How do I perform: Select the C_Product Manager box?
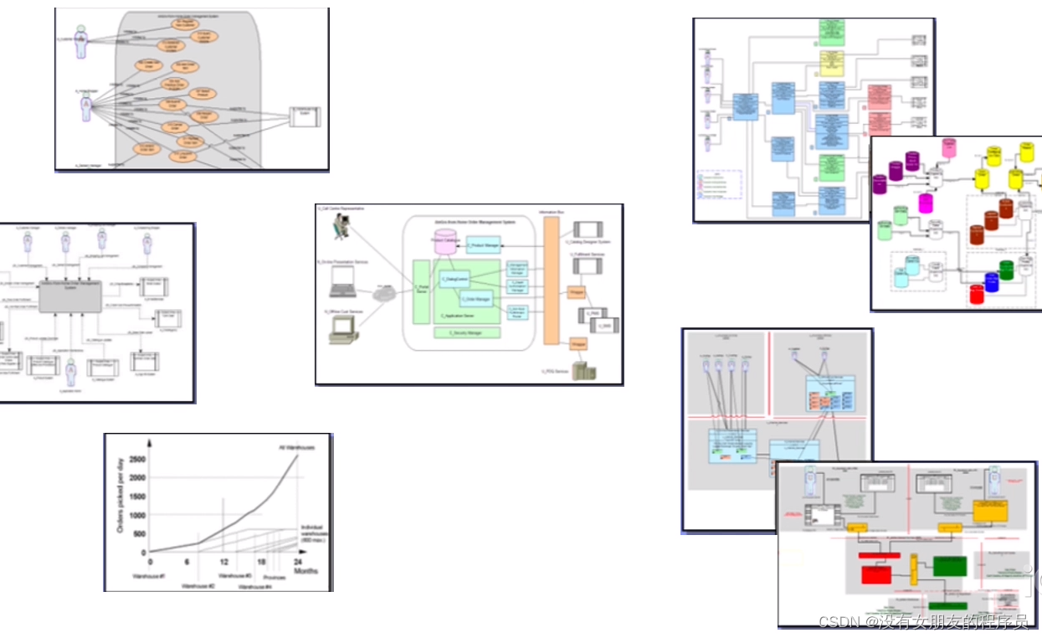(x=483, y=246)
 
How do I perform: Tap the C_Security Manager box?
(x=469, y=332)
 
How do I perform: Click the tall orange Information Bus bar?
(x=552, y=280)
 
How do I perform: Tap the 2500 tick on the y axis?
(x=136, y=459)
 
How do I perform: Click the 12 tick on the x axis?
(x=223, y=562)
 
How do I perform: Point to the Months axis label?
(x=305, y=571)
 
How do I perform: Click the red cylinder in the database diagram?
(x=976, y=294)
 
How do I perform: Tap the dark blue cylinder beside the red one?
(x=992, y=281)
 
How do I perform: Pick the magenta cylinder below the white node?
(x=926, y=203)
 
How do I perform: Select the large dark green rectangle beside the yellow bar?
(x=948, y=566)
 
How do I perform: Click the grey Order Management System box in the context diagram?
(x=65, y=296)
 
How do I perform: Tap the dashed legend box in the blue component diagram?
(x=719, y=183)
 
